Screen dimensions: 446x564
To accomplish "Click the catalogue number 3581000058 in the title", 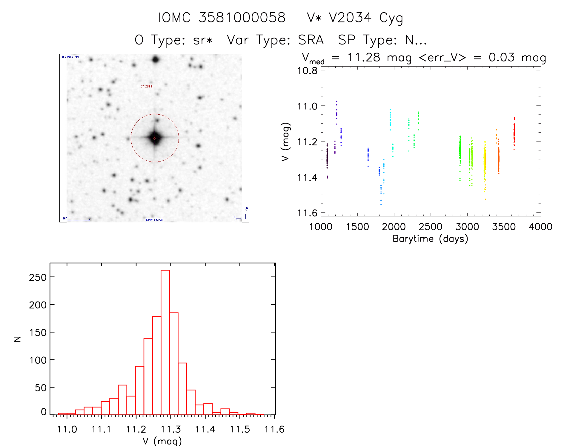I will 242,18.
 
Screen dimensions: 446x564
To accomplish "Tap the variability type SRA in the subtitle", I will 311,40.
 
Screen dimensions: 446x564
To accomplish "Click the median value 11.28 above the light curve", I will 364,57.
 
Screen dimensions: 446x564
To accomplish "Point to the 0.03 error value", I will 502,57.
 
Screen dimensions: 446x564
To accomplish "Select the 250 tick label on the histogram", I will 38,277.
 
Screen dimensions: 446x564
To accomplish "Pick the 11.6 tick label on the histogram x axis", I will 274,429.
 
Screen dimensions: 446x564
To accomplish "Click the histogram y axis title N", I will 18,339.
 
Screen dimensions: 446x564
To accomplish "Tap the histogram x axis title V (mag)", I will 162,441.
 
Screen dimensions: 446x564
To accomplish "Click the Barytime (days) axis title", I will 430,239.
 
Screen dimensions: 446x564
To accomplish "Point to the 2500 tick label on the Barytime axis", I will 430,227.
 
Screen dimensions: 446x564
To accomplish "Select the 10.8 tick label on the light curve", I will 307,71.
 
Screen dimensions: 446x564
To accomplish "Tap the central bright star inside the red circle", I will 155,138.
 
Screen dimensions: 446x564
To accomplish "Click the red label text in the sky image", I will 146,86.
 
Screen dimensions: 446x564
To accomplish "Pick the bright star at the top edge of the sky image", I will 155,59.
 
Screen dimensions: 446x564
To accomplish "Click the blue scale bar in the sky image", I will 76,220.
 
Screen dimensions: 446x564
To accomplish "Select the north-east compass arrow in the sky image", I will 244,215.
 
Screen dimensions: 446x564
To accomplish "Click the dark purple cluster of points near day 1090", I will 327,157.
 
